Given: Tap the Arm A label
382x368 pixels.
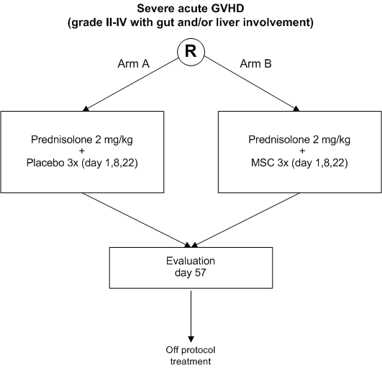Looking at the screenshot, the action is [x=133, y=64].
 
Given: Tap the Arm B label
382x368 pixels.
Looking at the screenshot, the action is [x=255, y=64].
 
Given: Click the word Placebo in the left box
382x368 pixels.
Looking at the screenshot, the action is [x=45, y=163].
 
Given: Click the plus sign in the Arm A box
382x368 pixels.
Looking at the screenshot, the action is [x=82, y=151].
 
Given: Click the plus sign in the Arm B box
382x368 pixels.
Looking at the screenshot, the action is [x=302, y=151].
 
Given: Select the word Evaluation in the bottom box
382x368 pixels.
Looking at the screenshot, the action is [x=191, y=261].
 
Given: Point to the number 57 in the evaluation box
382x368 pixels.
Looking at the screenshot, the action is [x=200, y=273].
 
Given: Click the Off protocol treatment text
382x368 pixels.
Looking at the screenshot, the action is [x=191, y=356].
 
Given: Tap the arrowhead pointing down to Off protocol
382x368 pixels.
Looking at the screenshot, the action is [x=191, y=339].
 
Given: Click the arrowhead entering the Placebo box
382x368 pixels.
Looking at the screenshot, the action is [x=86, y=109].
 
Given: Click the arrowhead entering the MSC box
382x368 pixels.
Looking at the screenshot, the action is [x=296, y=109].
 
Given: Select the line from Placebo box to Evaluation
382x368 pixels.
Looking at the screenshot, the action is [x=136, y=220].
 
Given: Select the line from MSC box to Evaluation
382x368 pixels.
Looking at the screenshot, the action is [x=246, y=220].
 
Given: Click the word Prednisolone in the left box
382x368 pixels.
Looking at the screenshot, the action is [x=60, y=140].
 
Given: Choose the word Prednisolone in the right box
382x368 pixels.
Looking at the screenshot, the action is [x=278, y=140].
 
